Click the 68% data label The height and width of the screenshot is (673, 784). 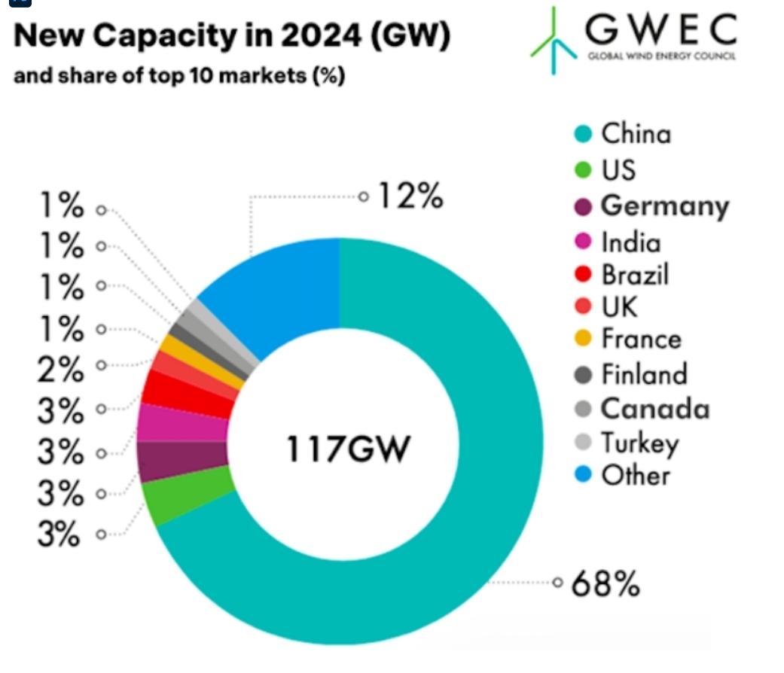pos(606,583)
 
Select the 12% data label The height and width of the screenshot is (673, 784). pos(409,197)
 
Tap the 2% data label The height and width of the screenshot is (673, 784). pos(59,370)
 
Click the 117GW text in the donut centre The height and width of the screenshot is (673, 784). pos(347,450)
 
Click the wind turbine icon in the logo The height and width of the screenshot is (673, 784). pos(556,41)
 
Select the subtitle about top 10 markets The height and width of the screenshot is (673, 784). pos(179,77)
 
